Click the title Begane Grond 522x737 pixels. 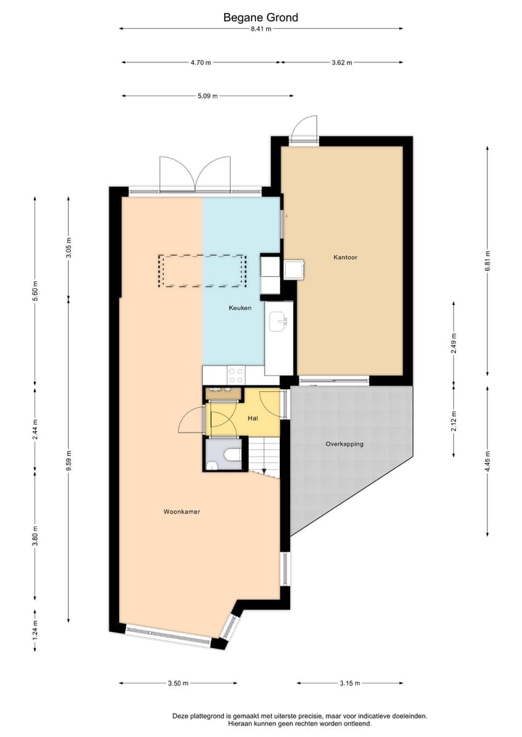point(260,17)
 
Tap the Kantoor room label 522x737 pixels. point(345,257)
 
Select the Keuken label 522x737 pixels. point(240,308)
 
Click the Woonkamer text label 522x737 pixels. point(181,512)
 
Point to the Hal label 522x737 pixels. point(253,418)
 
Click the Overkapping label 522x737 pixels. point(344,444)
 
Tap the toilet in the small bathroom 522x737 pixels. point(232,455)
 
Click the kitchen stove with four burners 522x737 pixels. point(236,375)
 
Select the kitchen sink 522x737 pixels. point(278,321)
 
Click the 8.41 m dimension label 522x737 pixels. point(260,29)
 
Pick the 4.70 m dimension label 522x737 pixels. point(201,63)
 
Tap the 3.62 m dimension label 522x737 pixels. point(341,63)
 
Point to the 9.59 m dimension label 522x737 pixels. point(69,460)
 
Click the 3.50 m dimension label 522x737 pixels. point(178,683)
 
